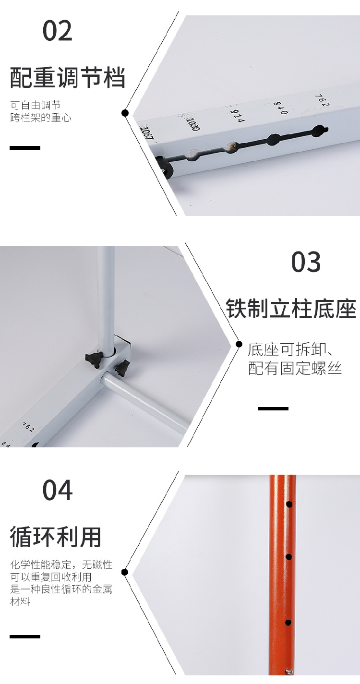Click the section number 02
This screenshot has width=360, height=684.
(x=58, y=31)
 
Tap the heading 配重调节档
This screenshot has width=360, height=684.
(x=68, y=78)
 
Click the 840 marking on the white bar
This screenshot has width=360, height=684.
(x=280, y=108)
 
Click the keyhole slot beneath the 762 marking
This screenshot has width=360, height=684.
(x=319, y=131)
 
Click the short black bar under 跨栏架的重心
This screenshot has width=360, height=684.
(x=25, y=148)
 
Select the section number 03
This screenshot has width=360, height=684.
(x=306, y=262)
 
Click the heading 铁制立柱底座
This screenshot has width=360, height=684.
(x=291, y=309)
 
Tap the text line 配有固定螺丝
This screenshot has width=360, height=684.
(x=295, y=368)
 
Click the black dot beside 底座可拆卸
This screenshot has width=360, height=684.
(x=240, y=345)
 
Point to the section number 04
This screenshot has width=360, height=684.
(x=58, y=490)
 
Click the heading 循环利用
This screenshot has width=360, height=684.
(x=56, y=537)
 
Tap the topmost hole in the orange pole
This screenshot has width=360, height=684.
(x=289, y=504)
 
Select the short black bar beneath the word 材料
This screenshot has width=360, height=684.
(x=25, y=636)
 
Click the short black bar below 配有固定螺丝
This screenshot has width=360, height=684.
(x=273, y=408)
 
